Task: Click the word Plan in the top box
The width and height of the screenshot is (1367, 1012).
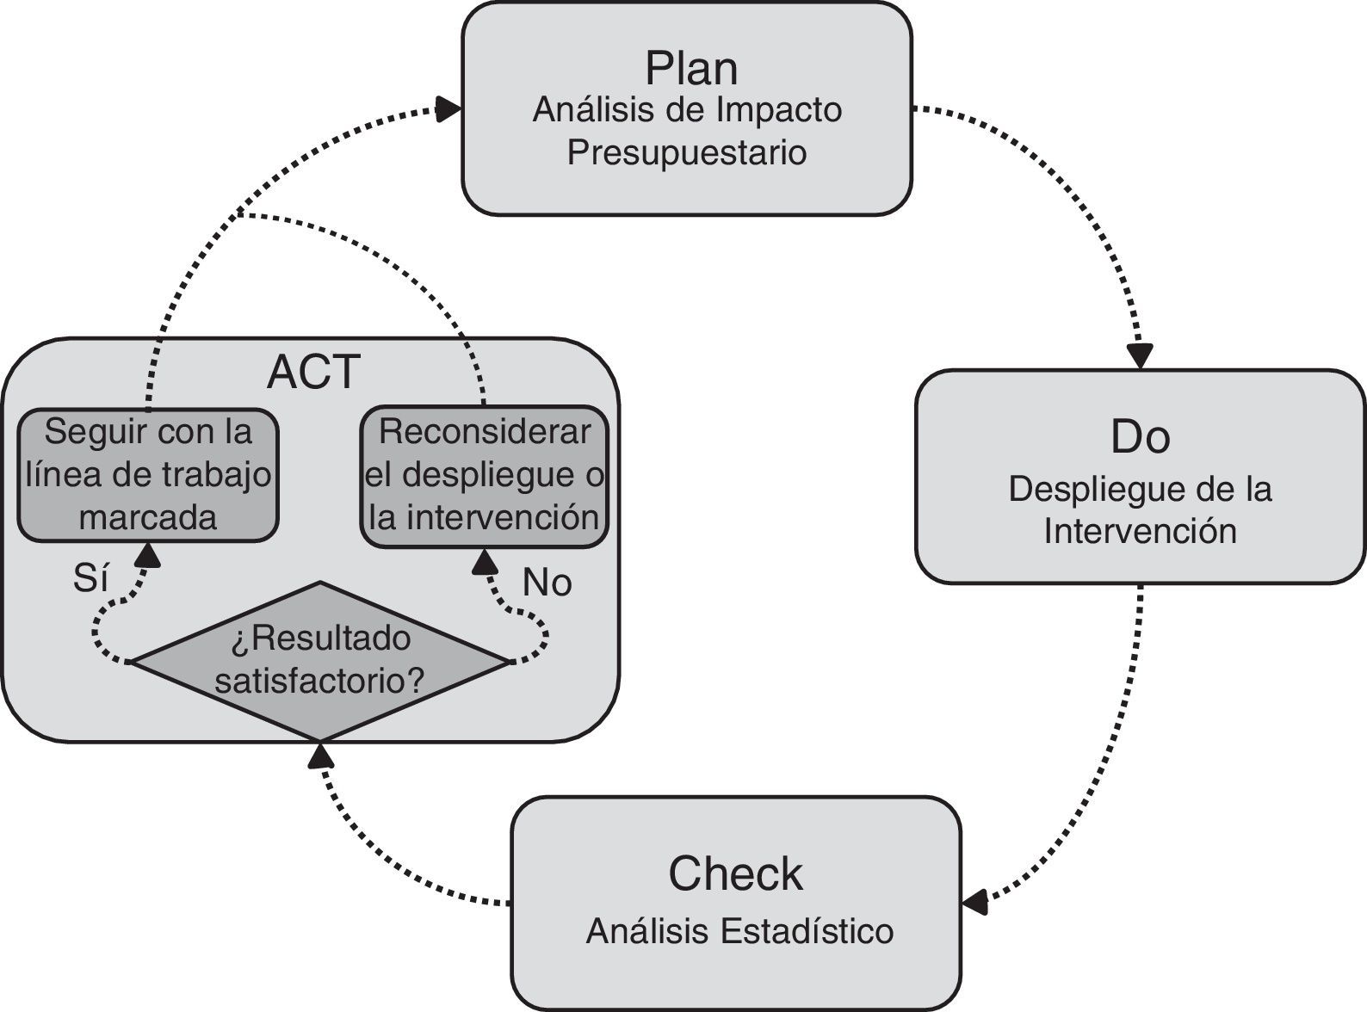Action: pyautogui.click(x=691, y=69)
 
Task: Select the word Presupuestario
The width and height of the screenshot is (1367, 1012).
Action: pyautogui.click(x=687, y=152)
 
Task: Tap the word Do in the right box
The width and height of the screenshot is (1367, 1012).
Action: pyautogui.click(x=1140, y=436)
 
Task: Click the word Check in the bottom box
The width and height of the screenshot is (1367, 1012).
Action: pyautogui.click(x=735, y=873)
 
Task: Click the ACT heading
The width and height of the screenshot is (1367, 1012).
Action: pyautogui.click(x=313, y=372)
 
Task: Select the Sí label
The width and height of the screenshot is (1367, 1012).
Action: pyautogui.click(x=90, y=579)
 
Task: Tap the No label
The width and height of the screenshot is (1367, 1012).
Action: pyautogui.click(x=547, y=583)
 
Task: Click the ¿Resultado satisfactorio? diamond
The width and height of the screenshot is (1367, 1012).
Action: pyautogui.click(x=319, y=660)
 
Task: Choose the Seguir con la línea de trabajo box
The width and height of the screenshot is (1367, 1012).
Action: pyautogui.click(x=148, y=474)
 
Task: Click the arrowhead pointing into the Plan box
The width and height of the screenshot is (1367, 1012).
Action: pyautogui.click(x=448, y=108)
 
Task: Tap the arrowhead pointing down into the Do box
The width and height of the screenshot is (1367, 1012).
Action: pyautogui.click(x=1141, y=355)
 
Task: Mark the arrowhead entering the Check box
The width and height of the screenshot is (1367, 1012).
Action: pyautogui.click(x=974, y=903)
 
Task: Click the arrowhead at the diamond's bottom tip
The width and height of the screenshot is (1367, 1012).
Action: pyautogui.click(x=320, y=756)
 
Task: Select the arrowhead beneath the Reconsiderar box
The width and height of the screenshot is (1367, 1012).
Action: pyautogui.click(x=486, y=561)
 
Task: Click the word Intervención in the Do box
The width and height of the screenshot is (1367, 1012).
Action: pyautogui.click(x=1140, y=531)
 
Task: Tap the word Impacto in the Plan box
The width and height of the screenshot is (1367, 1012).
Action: pyautogui.click(x=778, y=110)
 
